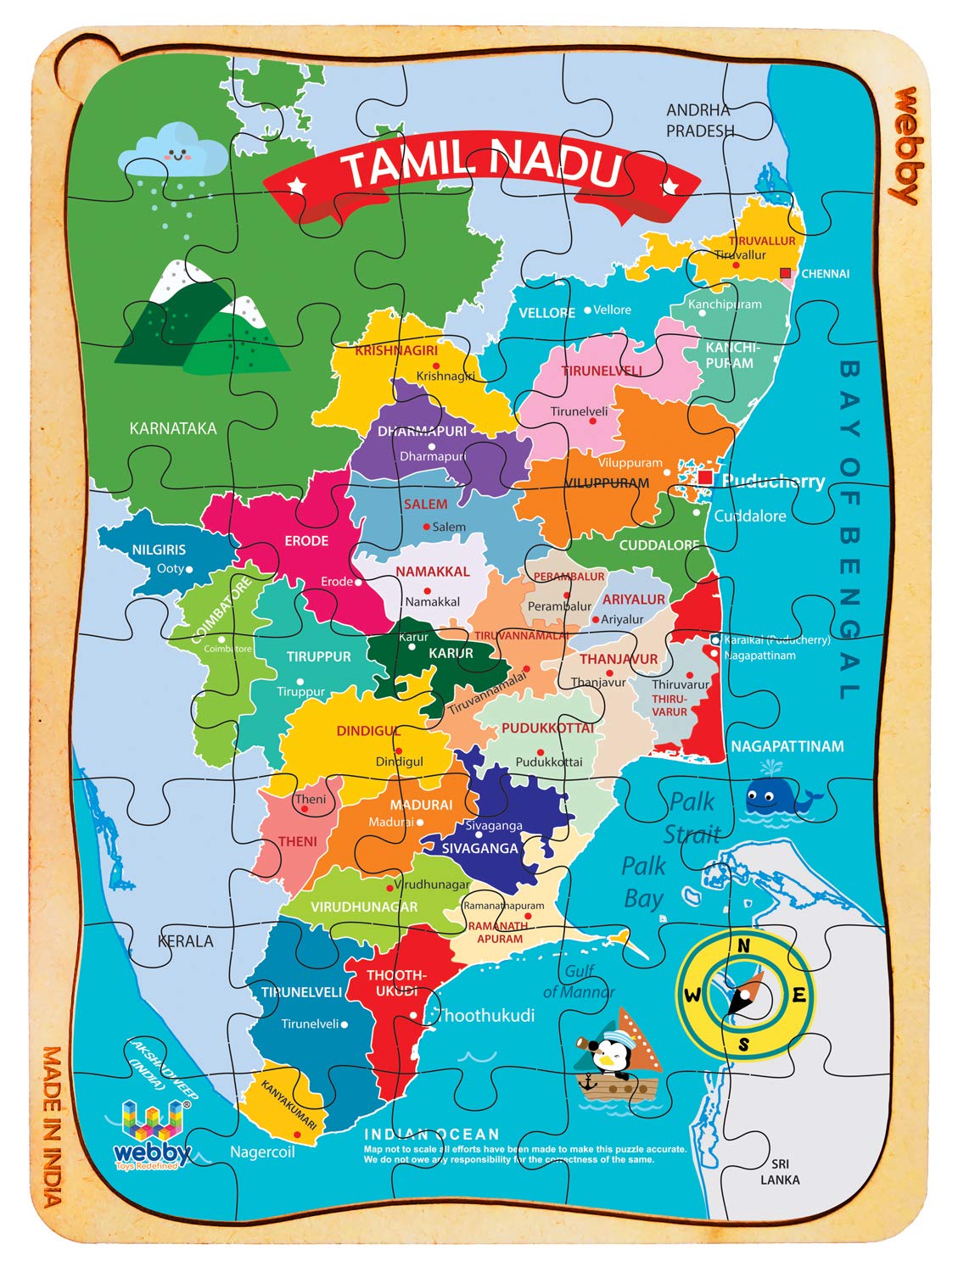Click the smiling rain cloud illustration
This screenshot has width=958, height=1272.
[173, 153]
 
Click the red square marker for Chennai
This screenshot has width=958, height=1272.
[785, 273]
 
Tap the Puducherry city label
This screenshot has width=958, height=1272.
[772, 482]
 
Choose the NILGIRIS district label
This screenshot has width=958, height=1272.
[159, 550]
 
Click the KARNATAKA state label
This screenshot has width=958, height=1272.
[172, 428]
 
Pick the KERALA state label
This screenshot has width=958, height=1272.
[186, 941]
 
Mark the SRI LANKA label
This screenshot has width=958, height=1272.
[779, 1172]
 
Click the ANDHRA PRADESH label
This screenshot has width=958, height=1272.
[699, 120]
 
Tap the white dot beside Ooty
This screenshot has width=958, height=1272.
[189, 570]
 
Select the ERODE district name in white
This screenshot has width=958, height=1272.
[306, 541]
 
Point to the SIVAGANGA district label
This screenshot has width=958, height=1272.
[479, 848]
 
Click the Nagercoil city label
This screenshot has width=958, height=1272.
[262, 1152]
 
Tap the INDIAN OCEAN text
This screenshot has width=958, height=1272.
[432, 1134]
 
